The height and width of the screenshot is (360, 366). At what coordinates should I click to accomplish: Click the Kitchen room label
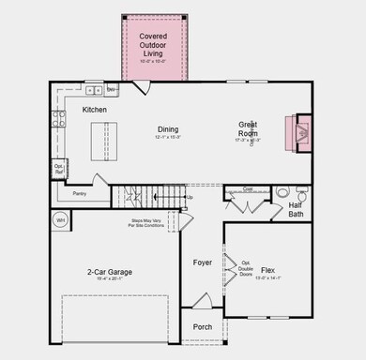pyautogui.click(x=95, y=110)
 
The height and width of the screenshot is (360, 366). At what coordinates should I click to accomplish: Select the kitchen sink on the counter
pyautogui.click(x=94, y=91)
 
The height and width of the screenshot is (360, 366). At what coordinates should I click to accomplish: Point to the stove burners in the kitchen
pyautogui.click(x=58, y=118)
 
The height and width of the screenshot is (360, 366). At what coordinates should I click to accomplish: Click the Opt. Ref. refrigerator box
pyautogui.click(x=58, y=171)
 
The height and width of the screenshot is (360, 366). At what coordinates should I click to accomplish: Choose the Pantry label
pyautogui.click(x=79, y=195)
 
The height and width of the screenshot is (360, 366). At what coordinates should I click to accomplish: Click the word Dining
pyautogui.click(x=168, y=129)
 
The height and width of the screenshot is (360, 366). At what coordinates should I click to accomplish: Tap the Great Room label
pyautogui.click(x=250, y=129)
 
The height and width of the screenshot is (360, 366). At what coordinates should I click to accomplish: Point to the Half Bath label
pyautogui.click(x=296, y=210)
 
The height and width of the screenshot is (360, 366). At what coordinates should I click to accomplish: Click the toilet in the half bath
pyautogui.click(x=282, y=194)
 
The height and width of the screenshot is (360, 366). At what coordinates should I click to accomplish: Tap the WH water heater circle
pyautogui.click(x=60, y=221)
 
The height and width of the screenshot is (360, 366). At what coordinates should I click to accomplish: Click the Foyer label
pyautogui.click(x=203, y=262)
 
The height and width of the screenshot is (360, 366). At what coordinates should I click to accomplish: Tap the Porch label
pyautogui.click(x=203, y=327)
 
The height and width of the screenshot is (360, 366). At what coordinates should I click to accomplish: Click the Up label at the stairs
pyautogui.click(x=191, y=198)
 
